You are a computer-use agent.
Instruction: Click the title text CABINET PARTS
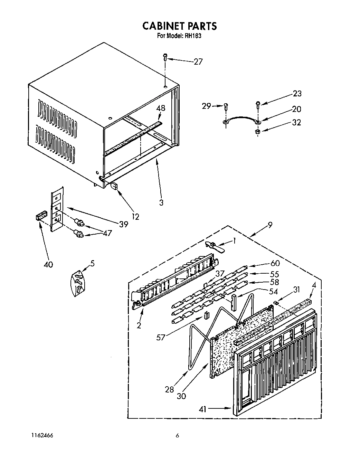click(x=180, y=26)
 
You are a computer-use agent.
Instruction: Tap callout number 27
click(x=198, y=62)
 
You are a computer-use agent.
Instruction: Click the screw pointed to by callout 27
click(x=165, y=57)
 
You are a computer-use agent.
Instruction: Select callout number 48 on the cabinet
click(x=161, y=108)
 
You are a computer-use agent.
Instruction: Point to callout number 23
click(x=297, y=93)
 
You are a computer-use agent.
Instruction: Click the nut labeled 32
click(x=257, y=131)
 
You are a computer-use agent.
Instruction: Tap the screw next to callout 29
click(x=226, y=107)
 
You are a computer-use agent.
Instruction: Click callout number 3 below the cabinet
click(x=161, y=202)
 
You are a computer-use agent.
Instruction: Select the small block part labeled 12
click(x=114, y=187)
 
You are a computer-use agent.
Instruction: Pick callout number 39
click(x=123, y=224)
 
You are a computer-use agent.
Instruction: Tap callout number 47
click(x=107, y=233)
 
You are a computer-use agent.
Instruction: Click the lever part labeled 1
click(x=215, y=246)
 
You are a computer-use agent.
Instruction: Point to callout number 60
click(x=275, y=263)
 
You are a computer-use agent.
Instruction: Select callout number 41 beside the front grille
click(x=202, y=409)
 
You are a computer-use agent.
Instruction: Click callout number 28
click(x=169, y=389)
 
